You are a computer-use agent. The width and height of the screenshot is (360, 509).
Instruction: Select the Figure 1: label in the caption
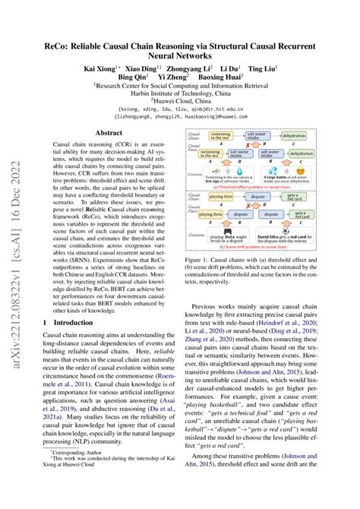tap(205, 260)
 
